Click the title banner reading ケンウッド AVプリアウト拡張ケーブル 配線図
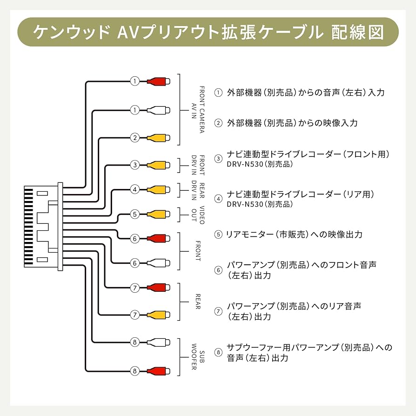[208, 32]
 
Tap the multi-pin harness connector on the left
[43, 227]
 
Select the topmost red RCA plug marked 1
[158, 81]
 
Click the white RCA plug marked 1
[158, 110]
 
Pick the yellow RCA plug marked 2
[158, 138]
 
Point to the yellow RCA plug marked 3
[158, 165]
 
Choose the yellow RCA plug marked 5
[158, 215]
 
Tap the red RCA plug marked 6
[158, 239]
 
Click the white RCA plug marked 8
[158, 343]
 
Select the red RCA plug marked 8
[158, 371]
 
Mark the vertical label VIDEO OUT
[198, 215]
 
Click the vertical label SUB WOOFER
[198, 357]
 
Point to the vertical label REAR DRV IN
[198, 190]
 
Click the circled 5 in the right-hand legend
[218, 235]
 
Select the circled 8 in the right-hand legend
[218, 352]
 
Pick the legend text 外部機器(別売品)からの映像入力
[292, 123]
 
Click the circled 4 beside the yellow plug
[134, 189]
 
